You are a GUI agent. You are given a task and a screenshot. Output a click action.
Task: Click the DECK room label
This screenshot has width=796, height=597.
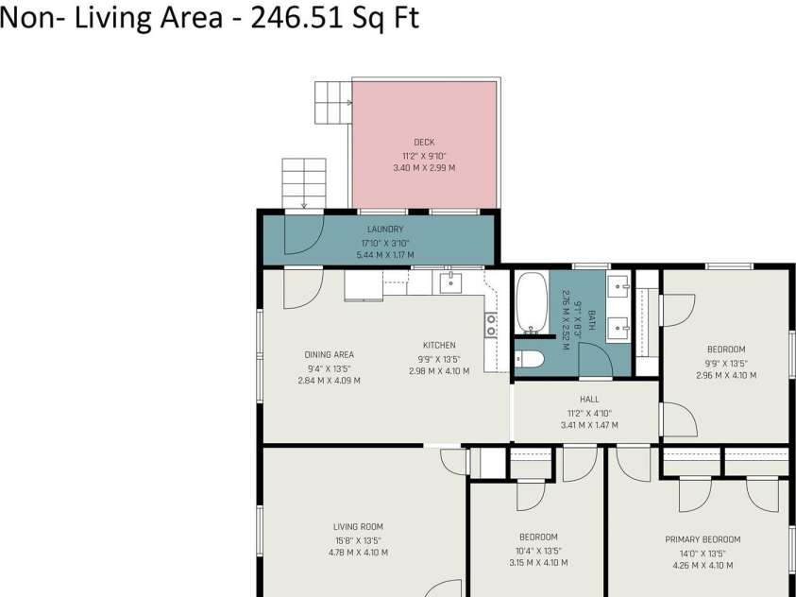[x=424, y=143]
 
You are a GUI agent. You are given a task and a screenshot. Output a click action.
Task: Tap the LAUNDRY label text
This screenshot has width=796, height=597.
[x=385, y=230]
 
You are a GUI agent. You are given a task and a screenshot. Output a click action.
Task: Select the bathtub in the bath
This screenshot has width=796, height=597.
[x=532, y=303]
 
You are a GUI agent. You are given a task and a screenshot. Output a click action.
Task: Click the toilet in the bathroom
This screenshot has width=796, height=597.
[x=529, y=359]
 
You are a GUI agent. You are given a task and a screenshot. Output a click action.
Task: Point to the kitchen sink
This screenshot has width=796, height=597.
[x=450, y=282]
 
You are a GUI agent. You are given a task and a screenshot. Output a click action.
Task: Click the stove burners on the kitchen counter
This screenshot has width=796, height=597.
[x=491, y=325]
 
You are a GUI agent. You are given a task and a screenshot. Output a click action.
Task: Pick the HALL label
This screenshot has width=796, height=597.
[x=589, y=400]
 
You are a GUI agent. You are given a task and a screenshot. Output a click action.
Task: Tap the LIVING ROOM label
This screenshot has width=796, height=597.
[x=359, y=527]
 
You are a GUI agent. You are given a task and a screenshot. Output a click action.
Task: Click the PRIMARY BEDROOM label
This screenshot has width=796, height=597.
[x=703, y=539]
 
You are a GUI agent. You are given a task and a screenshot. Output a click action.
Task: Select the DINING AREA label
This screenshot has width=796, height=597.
[x=329, y=355]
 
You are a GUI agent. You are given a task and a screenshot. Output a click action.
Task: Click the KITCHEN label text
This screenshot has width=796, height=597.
[x=439, y=345]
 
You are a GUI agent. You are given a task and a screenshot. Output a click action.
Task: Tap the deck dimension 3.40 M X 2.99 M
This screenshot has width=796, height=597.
[x=424, y=167]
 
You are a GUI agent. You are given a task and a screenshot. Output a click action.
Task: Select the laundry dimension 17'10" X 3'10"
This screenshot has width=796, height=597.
[x=385, y=243]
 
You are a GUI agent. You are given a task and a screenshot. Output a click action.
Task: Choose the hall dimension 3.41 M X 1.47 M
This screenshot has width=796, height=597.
[x=589, y=425]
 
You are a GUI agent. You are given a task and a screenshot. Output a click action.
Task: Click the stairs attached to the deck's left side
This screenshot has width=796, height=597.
[x=333, y=103]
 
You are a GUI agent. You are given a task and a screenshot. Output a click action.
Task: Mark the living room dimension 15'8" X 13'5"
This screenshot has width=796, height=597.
[x=359, y=540]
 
